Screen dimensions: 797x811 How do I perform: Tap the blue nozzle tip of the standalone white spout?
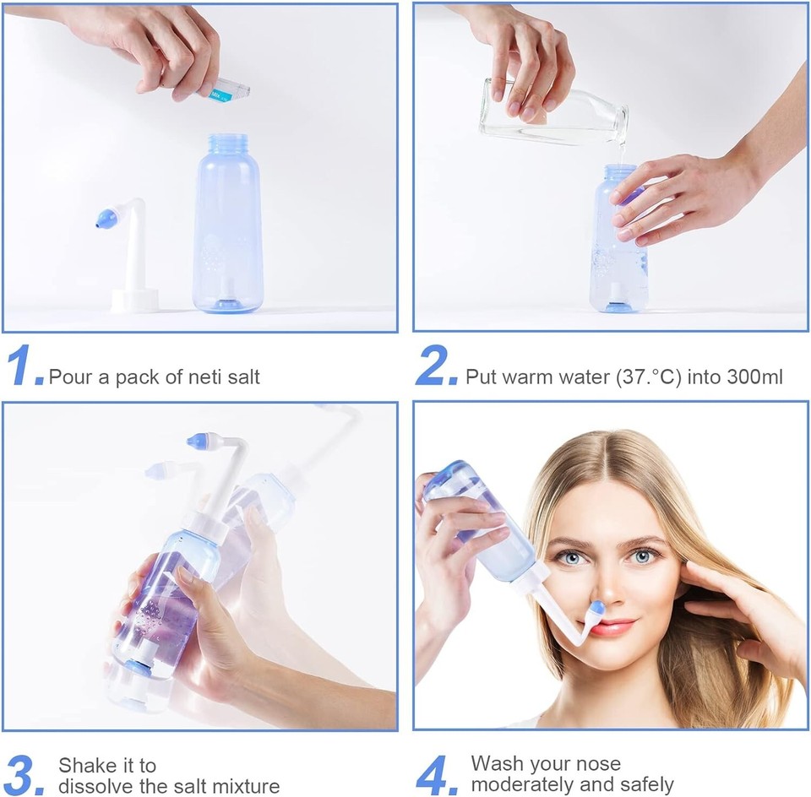106,220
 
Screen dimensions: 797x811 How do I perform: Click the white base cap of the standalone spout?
134,300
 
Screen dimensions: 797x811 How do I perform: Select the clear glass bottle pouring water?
553,112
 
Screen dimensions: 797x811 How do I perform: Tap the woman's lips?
612,626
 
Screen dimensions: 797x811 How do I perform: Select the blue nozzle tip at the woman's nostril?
598,608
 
